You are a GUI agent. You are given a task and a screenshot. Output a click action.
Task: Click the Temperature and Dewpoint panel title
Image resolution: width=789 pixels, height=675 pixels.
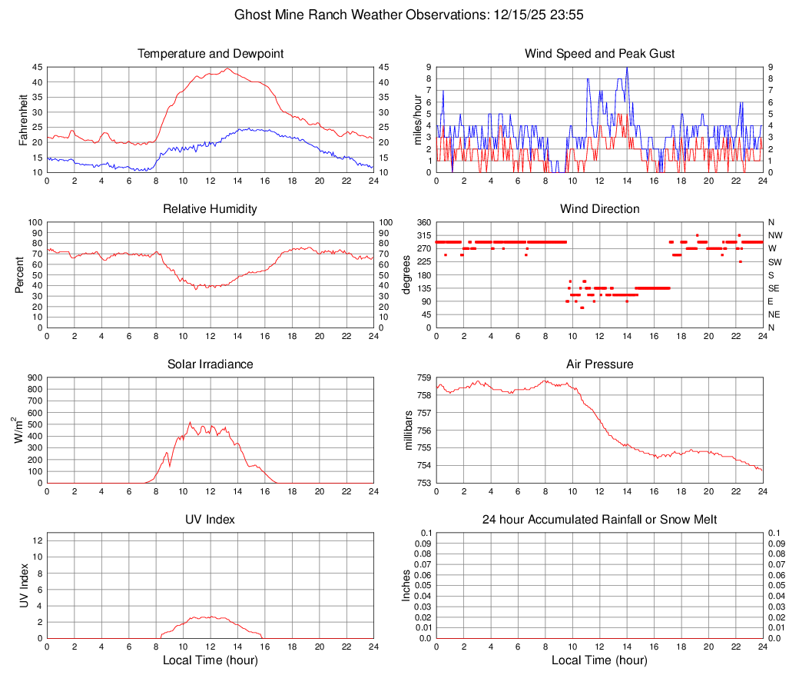click(211, 54)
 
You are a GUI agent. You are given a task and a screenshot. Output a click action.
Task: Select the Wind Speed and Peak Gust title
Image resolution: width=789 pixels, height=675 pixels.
click(599, 54)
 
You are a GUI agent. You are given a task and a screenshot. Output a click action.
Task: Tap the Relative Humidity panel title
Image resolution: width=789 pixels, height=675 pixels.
click(211, 209)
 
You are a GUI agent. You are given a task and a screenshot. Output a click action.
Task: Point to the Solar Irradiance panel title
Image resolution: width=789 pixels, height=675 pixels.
click(211, 364)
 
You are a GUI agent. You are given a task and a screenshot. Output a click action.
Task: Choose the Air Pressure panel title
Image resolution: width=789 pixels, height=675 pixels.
click(599, 364)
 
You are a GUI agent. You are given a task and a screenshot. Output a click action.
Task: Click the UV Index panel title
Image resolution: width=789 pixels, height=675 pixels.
click(211, 520)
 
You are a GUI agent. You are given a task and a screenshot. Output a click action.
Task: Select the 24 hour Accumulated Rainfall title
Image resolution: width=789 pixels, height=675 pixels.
click(599, 520)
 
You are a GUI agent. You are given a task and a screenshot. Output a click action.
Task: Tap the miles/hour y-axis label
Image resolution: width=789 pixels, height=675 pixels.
click(408, 120)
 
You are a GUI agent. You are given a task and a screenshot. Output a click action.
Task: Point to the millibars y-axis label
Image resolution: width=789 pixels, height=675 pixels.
click(408, 431)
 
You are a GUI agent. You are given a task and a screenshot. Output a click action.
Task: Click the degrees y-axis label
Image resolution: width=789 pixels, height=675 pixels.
click(408, 275)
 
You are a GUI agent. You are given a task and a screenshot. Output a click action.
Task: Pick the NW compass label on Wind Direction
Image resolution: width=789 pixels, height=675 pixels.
click(775, 235)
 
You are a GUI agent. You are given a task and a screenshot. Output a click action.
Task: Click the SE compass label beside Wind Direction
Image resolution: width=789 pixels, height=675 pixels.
click(774, 288)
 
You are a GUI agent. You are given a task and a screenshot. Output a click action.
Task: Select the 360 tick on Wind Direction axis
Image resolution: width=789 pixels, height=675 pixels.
click(423, 222)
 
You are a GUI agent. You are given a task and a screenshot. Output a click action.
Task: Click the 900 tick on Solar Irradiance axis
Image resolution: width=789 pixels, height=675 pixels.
click(35, 377)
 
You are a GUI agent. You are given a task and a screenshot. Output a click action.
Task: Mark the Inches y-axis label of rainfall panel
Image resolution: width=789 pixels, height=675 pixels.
click(408, 586)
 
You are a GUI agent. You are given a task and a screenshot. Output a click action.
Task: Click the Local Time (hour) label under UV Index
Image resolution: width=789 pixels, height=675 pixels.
click(211, 660)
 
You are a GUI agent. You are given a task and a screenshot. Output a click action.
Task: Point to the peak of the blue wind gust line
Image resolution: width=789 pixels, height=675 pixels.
click(627, 68)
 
